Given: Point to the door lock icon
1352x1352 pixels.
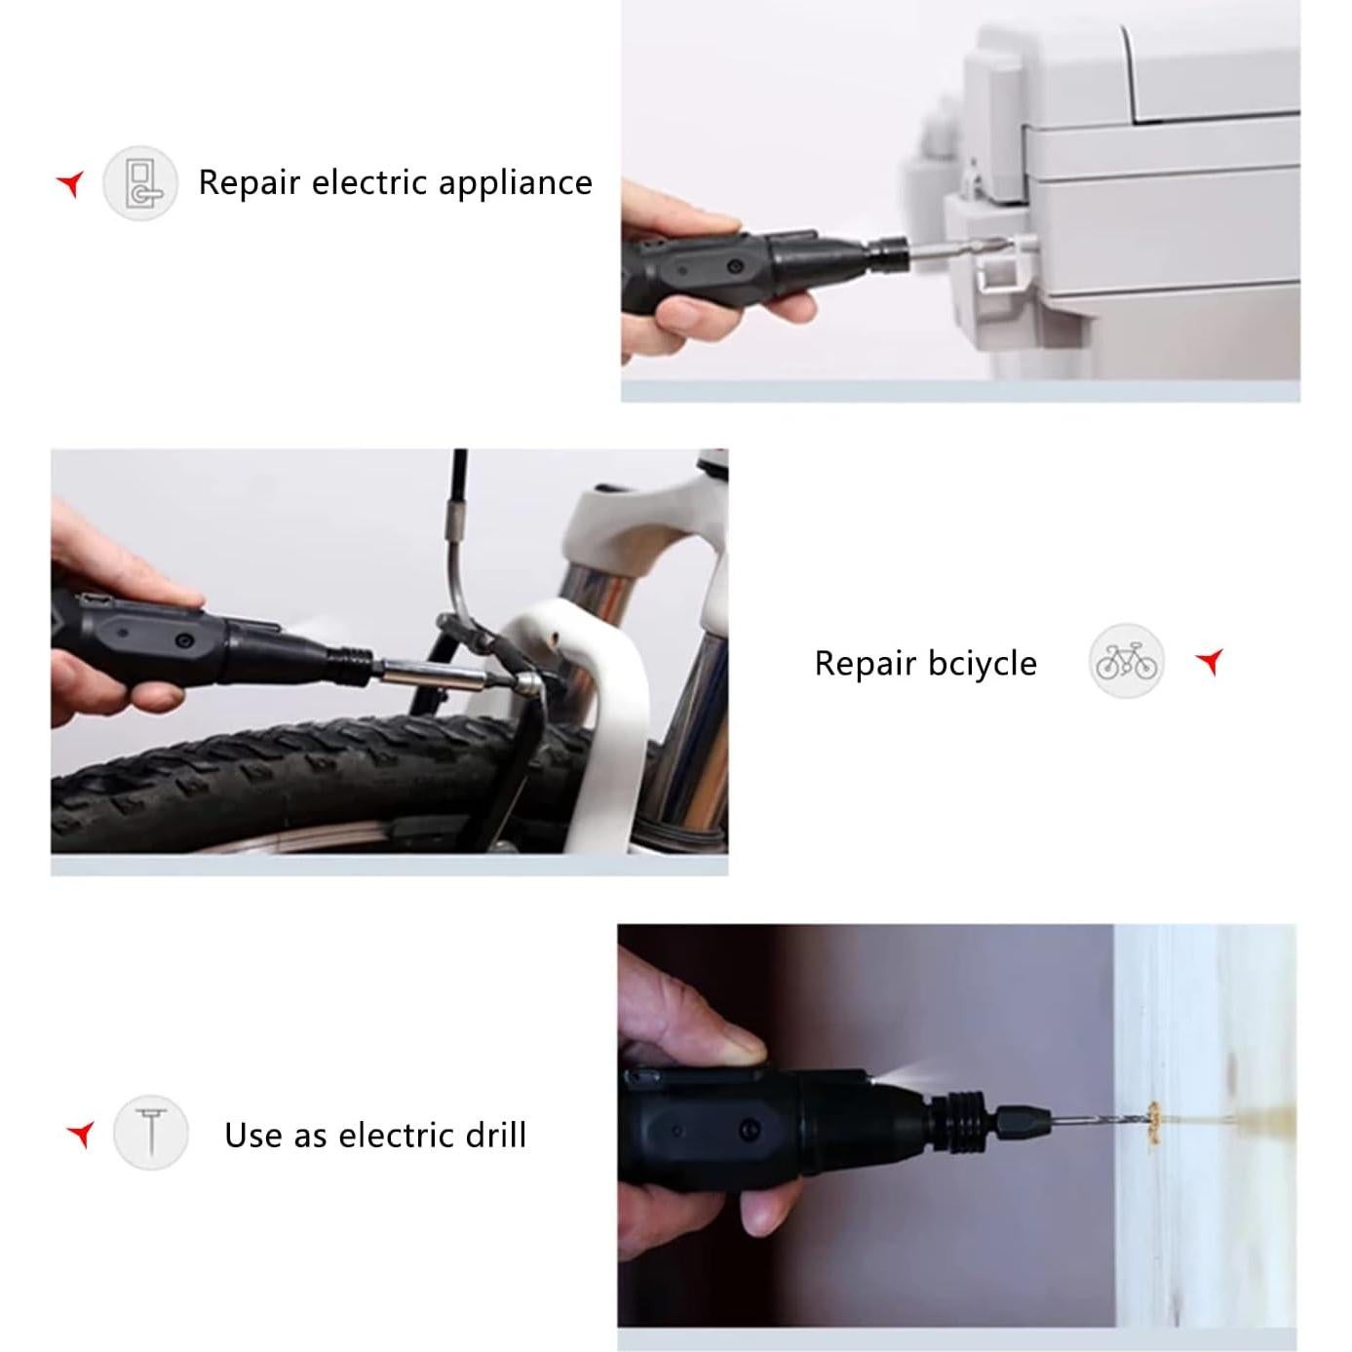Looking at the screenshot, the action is (142, 184).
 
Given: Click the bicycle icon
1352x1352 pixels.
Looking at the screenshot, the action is (1127, 661).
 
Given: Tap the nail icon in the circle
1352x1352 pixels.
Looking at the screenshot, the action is (151, 1132).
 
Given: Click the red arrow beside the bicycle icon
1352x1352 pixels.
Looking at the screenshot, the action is (1210, 661).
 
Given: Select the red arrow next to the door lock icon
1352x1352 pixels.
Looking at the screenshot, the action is (70, 184).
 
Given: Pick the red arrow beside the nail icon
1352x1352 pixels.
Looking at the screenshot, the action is (81, 1134).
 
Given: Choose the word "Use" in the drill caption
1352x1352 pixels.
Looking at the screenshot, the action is (253, 1136).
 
